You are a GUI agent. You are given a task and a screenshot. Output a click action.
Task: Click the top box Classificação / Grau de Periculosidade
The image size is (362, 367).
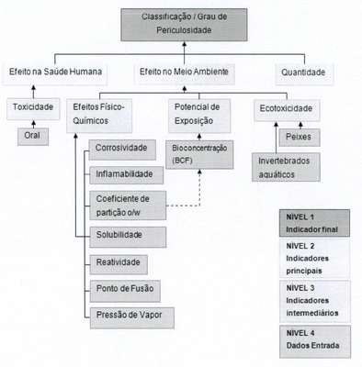coord(184,25)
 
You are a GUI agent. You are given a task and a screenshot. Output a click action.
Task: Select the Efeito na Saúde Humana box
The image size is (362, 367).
coord(55,73)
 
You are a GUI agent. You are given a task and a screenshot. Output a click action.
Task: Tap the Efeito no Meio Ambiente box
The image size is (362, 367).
coord(184,73)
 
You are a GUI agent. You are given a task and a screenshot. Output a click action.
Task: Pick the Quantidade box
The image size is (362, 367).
coord(304,74)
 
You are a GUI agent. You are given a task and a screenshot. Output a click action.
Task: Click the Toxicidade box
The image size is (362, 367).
coord(33,108)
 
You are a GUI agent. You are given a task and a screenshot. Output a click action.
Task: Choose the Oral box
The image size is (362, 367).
coord(33,137)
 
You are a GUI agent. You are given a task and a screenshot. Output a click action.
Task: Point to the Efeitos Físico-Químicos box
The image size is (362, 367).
coord(99,116)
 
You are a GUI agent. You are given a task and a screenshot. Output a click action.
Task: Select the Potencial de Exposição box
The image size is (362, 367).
coord(199,116)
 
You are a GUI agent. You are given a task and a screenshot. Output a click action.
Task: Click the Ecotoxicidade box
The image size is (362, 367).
coord(287,110)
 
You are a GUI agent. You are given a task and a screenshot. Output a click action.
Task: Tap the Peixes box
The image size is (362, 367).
coord(300,138)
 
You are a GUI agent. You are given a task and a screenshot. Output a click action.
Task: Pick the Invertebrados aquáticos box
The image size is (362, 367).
coord(286,167)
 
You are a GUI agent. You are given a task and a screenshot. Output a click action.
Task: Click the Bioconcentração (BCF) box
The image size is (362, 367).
coord(199,154)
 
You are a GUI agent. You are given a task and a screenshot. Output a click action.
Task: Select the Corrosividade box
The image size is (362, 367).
coord(122,150)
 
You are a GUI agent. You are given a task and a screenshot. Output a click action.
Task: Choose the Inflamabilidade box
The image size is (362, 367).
coord(126,175)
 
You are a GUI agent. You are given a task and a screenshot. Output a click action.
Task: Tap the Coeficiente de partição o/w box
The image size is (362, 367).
coord(128,206)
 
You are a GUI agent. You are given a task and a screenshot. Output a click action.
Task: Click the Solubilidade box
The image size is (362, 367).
coord(128,237)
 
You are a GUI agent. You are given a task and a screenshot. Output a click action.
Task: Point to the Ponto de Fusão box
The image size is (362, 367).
coord(125,291)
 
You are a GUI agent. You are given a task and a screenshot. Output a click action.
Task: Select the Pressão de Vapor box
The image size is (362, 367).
coord(132,318)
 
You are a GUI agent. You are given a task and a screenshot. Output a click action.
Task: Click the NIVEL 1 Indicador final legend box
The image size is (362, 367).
coord(314,223)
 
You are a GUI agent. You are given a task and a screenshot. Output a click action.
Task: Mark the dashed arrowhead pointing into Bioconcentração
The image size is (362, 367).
coord(199,172)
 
